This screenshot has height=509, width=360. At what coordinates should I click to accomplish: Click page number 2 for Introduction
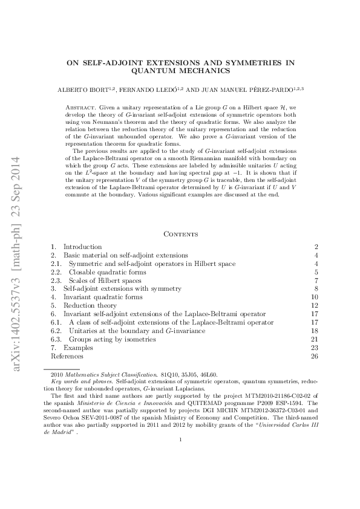click(x=316, y=247)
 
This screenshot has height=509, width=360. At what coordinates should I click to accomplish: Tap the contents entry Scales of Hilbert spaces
click(x=102, y=281)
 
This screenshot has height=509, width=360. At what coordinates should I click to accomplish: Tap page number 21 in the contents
click(x=314, y=339)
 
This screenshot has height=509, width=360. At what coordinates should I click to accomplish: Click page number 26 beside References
click(x=314, y=356)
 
